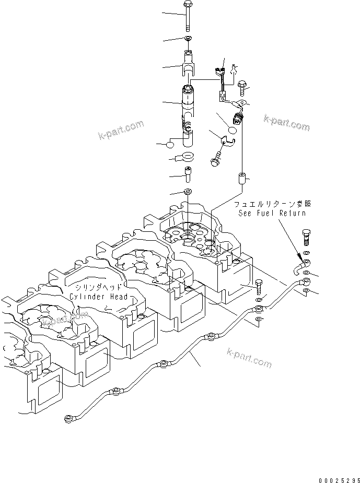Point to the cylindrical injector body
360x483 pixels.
pyautogui.click(x=188, y=104)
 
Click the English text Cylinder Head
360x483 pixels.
pyautogui.click(x=99, y=297)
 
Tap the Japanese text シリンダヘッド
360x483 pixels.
pyautogui.click(x=99, y=288)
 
